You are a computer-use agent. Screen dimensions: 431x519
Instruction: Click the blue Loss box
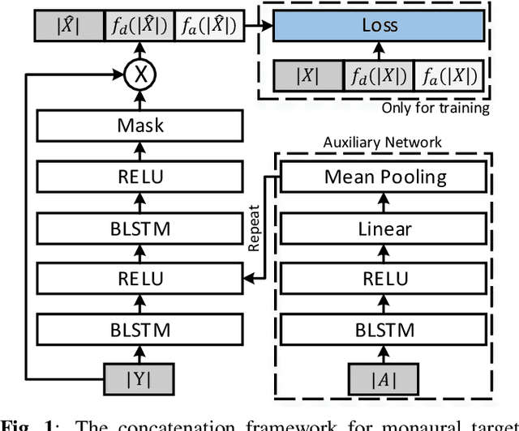click(x=380, y=26)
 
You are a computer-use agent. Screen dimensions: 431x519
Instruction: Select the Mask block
click(x=140, y=125)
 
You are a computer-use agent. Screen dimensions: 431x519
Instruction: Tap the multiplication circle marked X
click(x=140, y=75)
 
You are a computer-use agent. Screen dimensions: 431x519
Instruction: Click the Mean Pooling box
click(x=385, y=177)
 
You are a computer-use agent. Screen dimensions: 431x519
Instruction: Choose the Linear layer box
click(x=385, y=229)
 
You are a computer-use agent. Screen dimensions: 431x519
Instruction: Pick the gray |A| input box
click(x=385, y=379)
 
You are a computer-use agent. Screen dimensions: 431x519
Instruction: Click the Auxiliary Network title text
click(x=383, y=142)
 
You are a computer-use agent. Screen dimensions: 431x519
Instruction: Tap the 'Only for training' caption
click(x=436, y=107)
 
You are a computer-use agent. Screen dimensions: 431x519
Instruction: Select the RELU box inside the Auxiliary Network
click(x=385, y=280)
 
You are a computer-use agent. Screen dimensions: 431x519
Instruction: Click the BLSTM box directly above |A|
click(x=385, y=330)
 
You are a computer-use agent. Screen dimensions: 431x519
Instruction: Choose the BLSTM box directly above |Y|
click(x=140, y=330)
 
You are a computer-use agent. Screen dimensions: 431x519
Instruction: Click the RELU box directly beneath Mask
click(x=140, y=177)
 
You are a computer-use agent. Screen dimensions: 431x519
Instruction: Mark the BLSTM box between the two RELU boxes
click(x=140, y=229)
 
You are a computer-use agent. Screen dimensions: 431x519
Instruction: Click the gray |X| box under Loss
click(x=308, y=76)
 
